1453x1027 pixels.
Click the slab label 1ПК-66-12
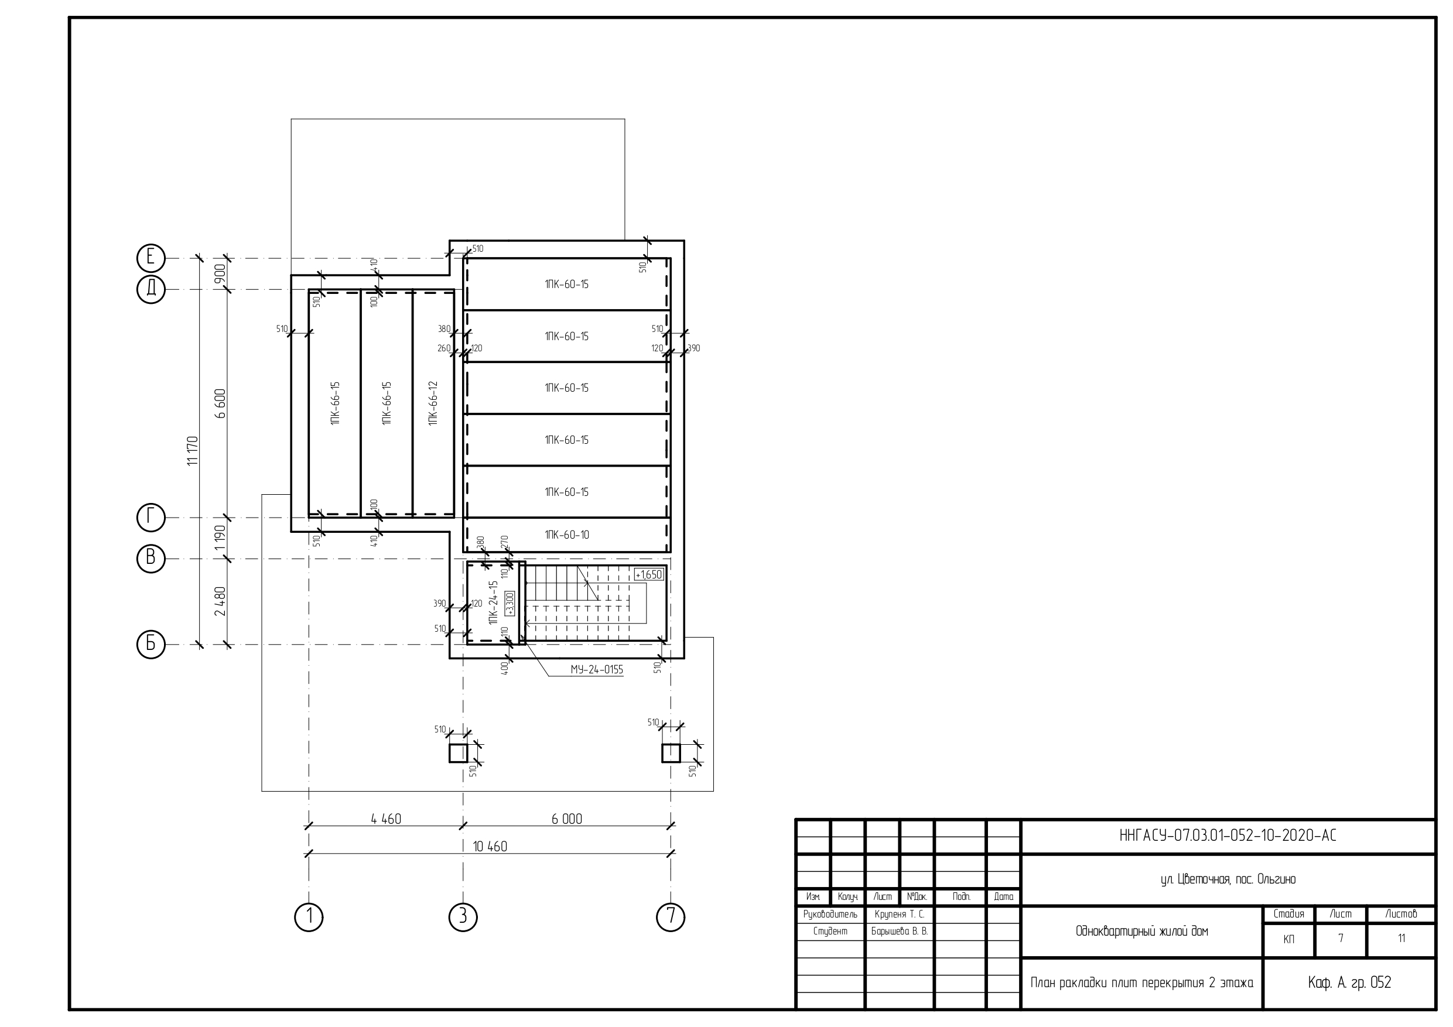[433, 403]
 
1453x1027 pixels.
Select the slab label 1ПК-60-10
[566, 535]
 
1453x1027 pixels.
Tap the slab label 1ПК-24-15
[494, 603]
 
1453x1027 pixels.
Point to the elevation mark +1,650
[649, 574]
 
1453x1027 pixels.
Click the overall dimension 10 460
[490, 846]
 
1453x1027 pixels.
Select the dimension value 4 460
[386, 819]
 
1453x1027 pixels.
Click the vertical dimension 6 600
[220, 403]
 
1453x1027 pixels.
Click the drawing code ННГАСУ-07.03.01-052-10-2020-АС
[1228, 836]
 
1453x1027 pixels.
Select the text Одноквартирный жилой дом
[1141, 931]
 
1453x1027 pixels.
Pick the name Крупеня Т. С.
[899, 914]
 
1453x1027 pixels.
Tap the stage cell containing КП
[1288, 939]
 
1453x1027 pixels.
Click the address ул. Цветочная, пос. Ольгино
[1228, 879]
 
